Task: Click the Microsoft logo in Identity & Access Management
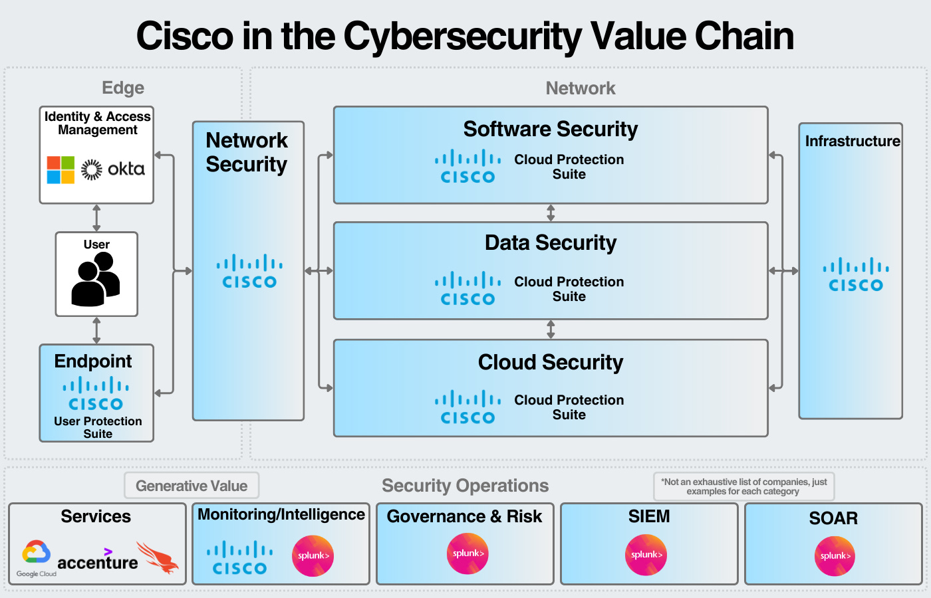pos(61,169)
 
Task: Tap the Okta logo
pos(113,169)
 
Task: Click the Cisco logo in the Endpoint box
pos(96,394)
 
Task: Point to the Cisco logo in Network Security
pos(249,272)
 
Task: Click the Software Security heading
pos(550,129)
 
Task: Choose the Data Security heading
pos(550,243)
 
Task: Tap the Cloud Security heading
pos(550,362)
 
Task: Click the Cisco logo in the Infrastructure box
pos(855,275)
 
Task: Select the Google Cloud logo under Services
pos(37,557)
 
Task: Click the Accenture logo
pos(98,561)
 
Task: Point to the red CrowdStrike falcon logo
pos(158,557)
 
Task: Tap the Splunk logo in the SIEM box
pos(646,555)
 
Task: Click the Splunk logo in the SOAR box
pos(835,555)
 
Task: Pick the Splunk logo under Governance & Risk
pos(467,553)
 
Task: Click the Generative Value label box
pos(192,486)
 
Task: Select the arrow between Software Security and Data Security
pos(550,213)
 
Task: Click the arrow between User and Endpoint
pos(96,330)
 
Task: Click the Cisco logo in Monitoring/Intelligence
pos(239,558)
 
